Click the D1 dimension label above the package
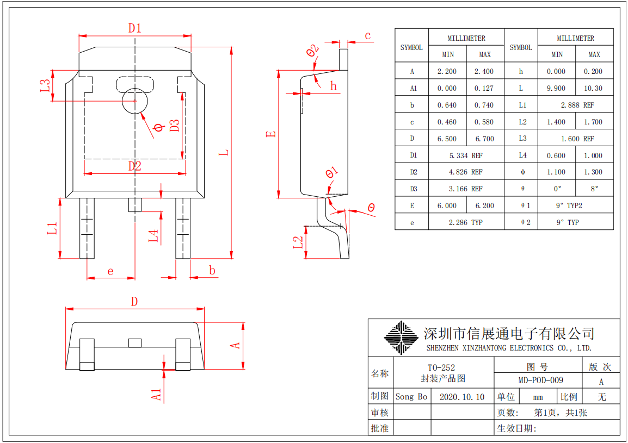134,28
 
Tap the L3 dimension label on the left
46,86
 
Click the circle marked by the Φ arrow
134,101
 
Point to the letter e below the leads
110,271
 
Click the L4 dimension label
154,235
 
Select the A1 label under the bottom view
157,395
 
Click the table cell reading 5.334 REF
466,155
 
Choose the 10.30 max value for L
594,88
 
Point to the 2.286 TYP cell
466,222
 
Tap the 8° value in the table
594,189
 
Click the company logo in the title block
401,338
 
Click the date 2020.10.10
461,397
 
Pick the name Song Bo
411,397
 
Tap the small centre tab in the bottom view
134,342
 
